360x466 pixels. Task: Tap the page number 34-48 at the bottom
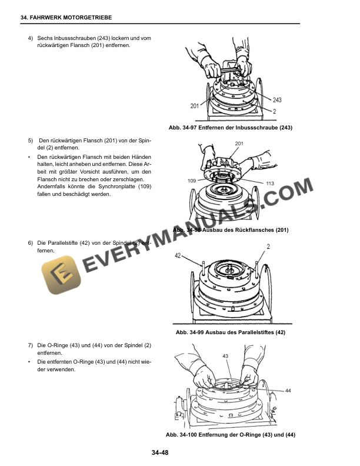click(x=160, y=452)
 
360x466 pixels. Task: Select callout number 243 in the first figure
click(x=277, y=100)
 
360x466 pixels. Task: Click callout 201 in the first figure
click(x=194, y=106)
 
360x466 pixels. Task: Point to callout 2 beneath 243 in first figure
click(x=275, y=111)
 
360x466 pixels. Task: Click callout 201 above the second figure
click(x=239, y=144)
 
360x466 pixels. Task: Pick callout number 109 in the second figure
click(x=192, y=180)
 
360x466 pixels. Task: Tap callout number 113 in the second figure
click(x=269, y=184)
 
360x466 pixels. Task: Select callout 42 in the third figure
click(x=178, y=255)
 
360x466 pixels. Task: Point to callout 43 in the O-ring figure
click(x=225, y=357)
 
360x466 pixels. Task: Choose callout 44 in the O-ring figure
click(x=288, y=390)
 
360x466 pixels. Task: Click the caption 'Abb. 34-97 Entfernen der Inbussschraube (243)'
click(x=230, y=128)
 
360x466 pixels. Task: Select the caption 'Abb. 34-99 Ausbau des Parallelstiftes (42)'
click(x=230, y=332)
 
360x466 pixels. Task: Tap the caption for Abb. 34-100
click(x=230, y=434)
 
